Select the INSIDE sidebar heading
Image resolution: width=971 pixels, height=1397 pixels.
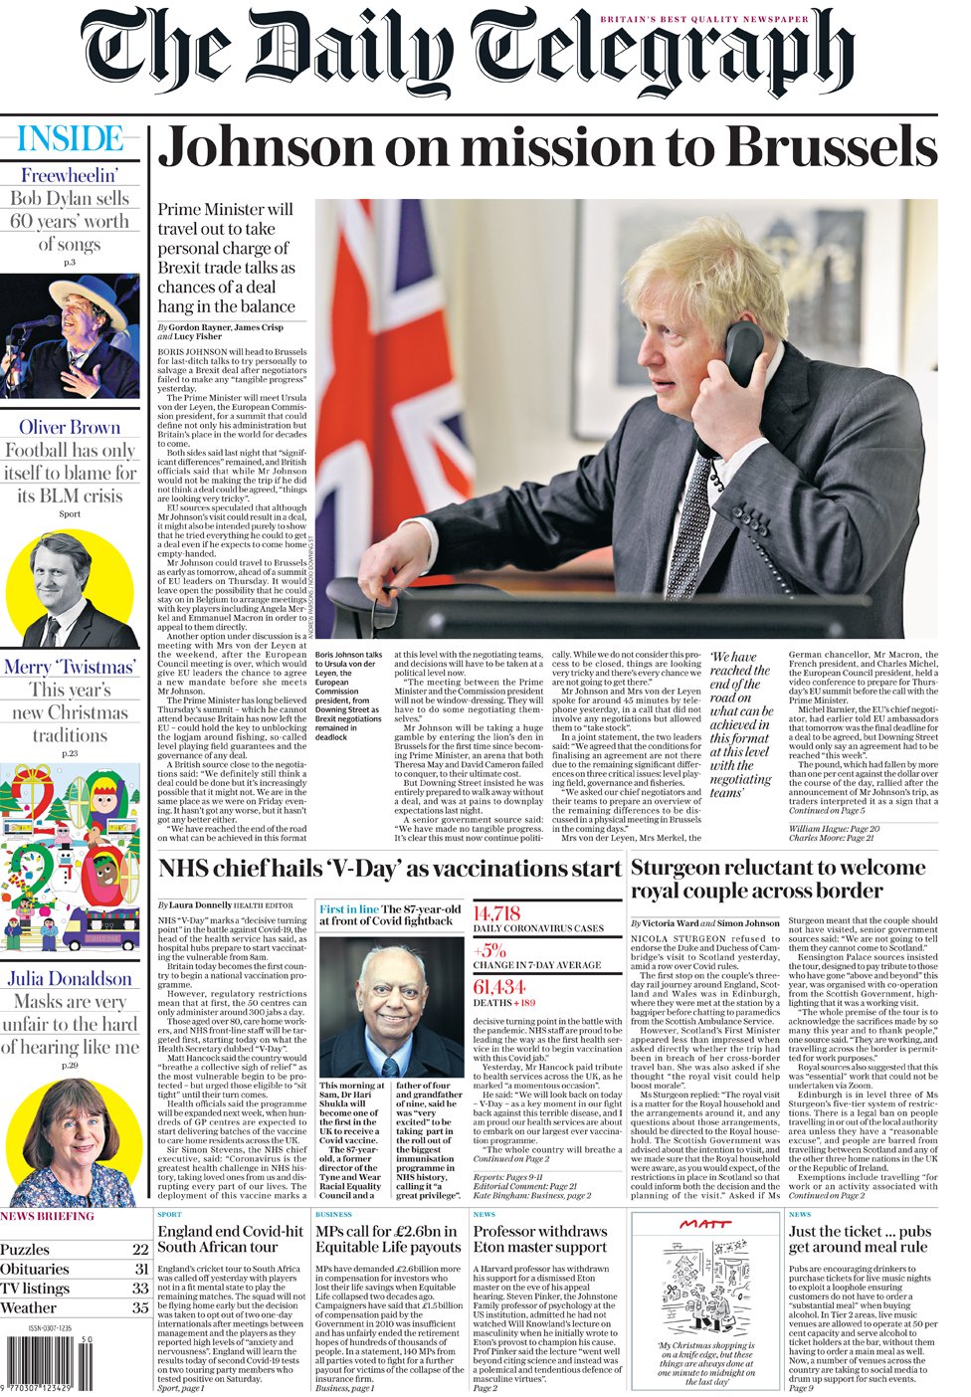(x=70, y=138)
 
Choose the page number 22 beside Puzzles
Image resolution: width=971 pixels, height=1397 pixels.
(x=140, y=1250)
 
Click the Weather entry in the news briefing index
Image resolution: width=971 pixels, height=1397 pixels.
(x=29, y=1307)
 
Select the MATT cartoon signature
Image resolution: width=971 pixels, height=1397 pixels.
(x=707, y=1224)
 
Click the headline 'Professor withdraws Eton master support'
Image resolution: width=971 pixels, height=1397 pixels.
(x=539, y=1239)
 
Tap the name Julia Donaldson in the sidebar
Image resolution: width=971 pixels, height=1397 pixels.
(x=70, y=978)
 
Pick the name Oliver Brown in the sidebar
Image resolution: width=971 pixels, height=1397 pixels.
(x=70, y=427)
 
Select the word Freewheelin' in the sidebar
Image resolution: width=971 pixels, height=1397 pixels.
(x=70, y=175)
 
